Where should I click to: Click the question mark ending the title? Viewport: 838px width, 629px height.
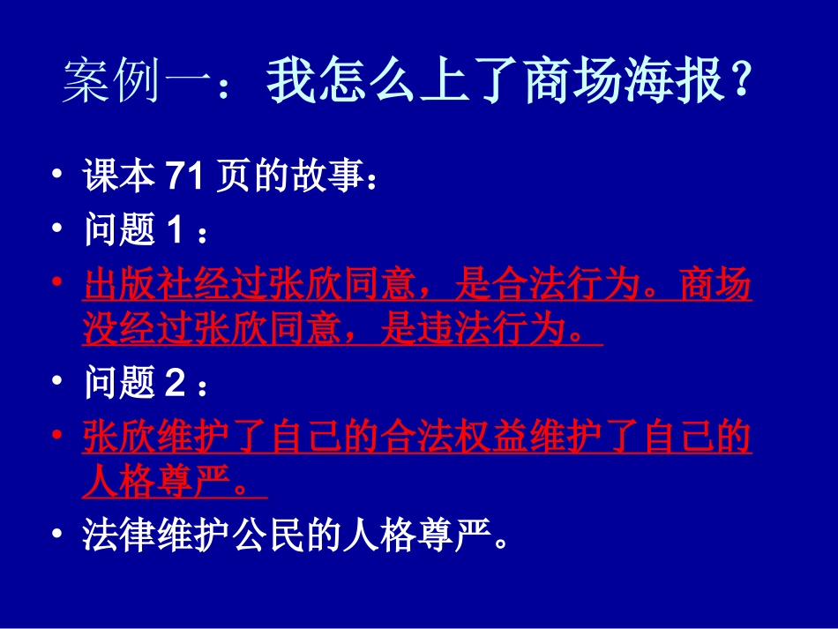[743, 85]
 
